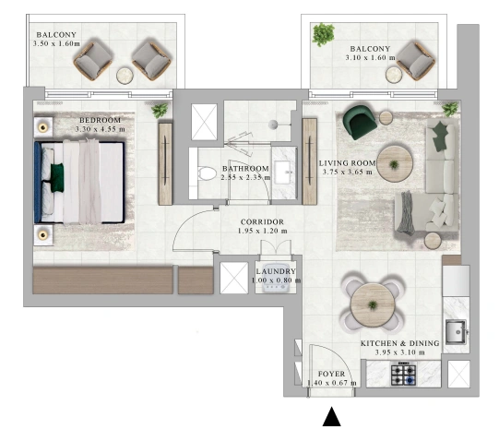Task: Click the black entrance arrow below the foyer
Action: [332, 416]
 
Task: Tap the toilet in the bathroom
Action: [205, 173]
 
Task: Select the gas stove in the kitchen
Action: [403, 374]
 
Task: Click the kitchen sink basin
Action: [456, 332]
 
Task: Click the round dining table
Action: [373, 305]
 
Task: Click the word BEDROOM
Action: [101, 120]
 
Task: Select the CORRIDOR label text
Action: [262, 222]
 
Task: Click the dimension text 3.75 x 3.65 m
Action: [347, 172]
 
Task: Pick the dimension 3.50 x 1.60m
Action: [56, 43]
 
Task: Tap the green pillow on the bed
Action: [57, 178]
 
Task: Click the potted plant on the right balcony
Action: [323, 34]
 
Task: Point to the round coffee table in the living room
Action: [395, 164]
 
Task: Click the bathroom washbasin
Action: [283, 173]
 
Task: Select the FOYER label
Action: [332, 374]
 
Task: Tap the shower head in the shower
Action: [273, 125]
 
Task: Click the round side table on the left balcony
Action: [125, 76]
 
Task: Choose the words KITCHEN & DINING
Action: [400, 343]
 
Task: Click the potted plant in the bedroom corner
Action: [160, 110]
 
